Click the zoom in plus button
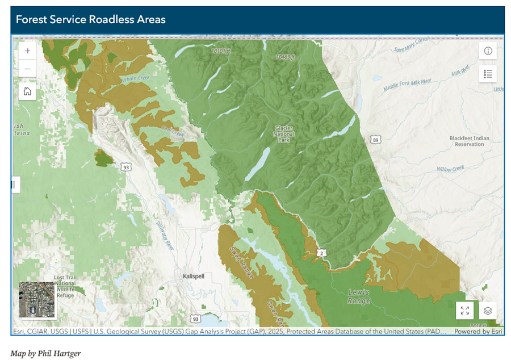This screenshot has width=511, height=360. (27, 51)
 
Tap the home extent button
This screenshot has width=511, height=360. (27, 91)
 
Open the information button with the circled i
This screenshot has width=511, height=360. (488, 51)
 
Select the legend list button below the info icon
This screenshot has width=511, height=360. (488, 73)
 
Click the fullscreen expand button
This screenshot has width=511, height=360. (464, 311)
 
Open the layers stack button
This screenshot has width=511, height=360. (488, 311)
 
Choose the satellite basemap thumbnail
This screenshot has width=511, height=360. (37, 299)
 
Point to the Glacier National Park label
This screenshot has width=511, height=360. (283, 134)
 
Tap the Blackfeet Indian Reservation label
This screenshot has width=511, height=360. (469, 141)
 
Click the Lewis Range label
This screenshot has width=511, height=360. (359, 296)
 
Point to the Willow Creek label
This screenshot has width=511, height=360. (450, 169)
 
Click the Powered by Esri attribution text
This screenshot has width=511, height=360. (478, 331)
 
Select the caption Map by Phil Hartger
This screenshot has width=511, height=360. (45, 354)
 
